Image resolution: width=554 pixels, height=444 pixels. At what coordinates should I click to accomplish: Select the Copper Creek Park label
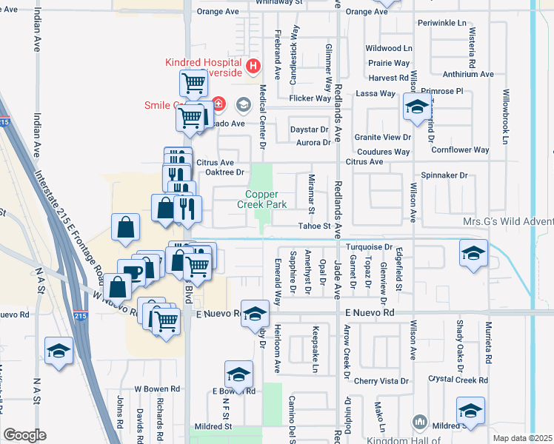[261, 199]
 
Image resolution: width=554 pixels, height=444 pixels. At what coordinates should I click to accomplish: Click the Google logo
[24, 435]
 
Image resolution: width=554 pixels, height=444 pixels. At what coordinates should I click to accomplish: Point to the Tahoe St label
[313, 226]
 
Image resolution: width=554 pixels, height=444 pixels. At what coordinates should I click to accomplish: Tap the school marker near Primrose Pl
[417, 107]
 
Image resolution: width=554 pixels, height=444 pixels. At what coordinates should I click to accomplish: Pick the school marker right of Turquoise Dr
[473, 253]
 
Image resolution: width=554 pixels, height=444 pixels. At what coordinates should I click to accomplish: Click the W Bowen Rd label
[157, 388]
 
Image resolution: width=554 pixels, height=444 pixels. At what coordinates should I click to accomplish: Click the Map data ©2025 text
[522, 438]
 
